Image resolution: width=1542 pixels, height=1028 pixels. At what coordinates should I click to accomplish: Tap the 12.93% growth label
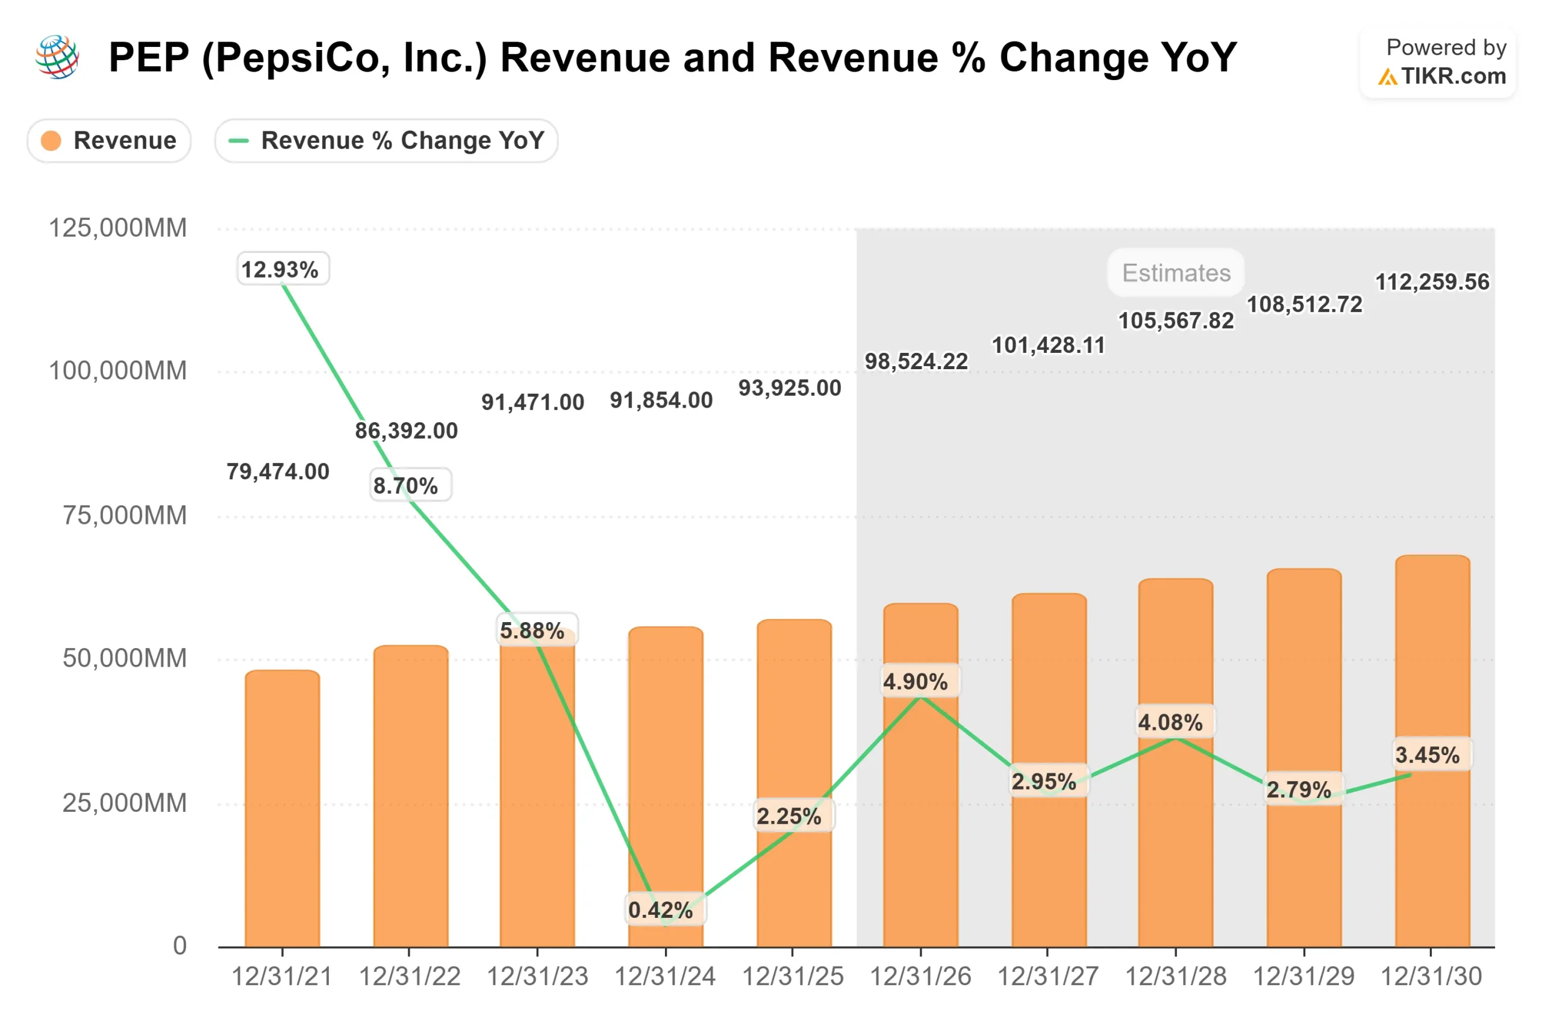click(x=282, y=269)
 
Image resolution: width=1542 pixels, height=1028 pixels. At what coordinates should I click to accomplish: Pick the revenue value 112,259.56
click(x=1432, y=282)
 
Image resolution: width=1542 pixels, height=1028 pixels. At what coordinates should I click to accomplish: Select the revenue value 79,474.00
click(x=278, y=472)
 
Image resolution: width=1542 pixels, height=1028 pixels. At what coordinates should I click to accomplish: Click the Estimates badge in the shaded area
click(x=1176, y=273)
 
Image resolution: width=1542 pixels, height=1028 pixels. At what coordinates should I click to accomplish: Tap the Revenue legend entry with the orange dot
click(x=110, y=140)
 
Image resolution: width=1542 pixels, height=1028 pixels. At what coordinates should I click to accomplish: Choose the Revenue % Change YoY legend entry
click(x=387, y=140)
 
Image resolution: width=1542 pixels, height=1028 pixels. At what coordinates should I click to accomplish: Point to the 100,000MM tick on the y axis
click(x=118, y=371)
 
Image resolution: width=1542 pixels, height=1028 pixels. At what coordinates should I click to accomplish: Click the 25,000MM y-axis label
click(x=125, y=803)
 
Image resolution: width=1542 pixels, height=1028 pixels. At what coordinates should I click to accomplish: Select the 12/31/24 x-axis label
click(x=665, y=977)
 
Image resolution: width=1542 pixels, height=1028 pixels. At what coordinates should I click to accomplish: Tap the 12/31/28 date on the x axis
click(x=1176, y=977)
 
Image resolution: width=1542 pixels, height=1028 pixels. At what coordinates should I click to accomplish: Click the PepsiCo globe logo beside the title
click(x=58, y=57)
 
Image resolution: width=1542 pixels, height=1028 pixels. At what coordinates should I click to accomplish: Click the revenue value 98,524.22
click(x=916, y=361)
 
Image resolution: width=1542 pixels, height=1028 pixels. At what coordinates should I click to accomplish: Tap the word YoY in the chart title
click(x=1199, y=58)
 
